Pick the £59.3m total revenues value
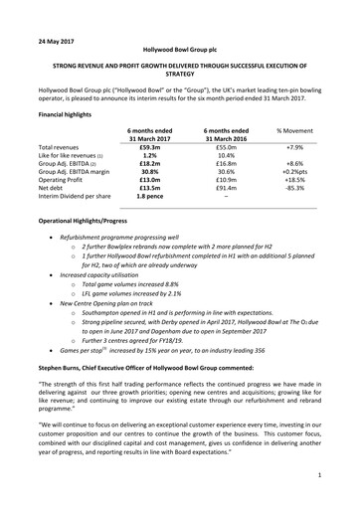(x=145, y=146)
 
